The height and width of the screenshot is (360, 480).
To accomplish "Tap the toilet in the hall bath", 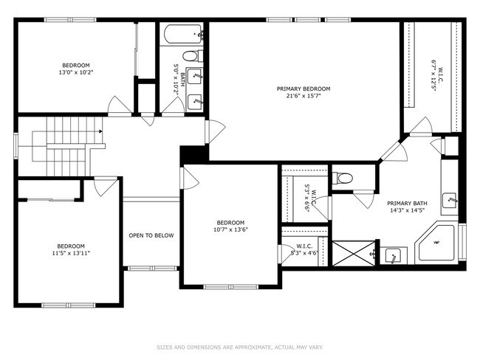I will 191,56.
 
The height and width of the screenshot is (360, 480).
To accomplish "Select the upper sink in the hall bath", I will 196,76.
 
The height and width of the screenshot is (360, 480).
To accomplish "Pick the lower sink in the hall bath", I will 196,101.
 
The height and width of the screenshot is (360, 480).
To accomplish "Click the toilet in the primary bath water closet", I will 342,178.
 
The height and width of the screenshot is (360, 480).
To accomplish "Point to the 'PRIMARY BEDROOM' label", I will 303,89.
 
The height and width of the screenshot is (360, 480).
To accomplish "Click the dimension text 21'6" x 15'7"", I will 303,96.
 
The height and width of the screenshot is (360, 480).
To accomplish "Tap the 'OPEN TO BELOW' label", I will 151,235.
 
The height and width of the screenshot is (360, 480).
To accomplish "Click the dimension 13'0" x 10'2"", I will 75,72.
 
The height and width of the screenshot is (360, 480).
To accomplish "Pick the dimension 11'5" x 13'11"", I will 72,253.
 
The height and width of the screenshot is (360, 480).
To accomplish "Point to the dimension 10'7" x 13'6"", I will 230,229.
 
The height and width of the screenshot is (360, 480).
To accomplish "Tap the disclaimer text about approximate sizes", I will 239,346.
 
